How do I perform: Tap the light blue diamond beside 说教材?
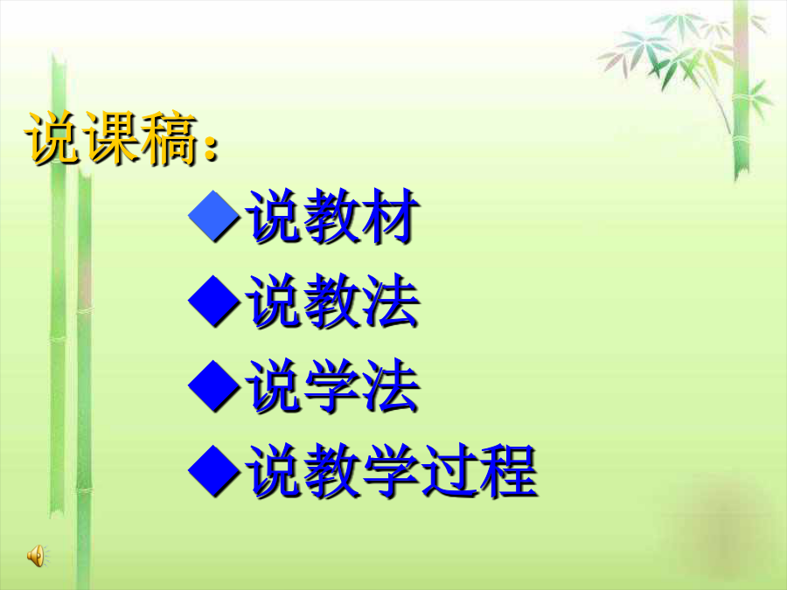tap(214, 216)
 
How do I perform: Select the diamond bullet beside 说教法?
tap(214, 301)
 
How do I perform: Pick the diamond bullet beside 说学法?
tap(214, 385)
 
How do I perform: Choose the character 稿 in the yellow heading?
tap(169, 138)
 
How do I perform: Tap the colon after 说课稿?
tap(212, 147)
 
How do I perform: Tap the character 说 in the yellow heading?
tap(54, 138)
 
